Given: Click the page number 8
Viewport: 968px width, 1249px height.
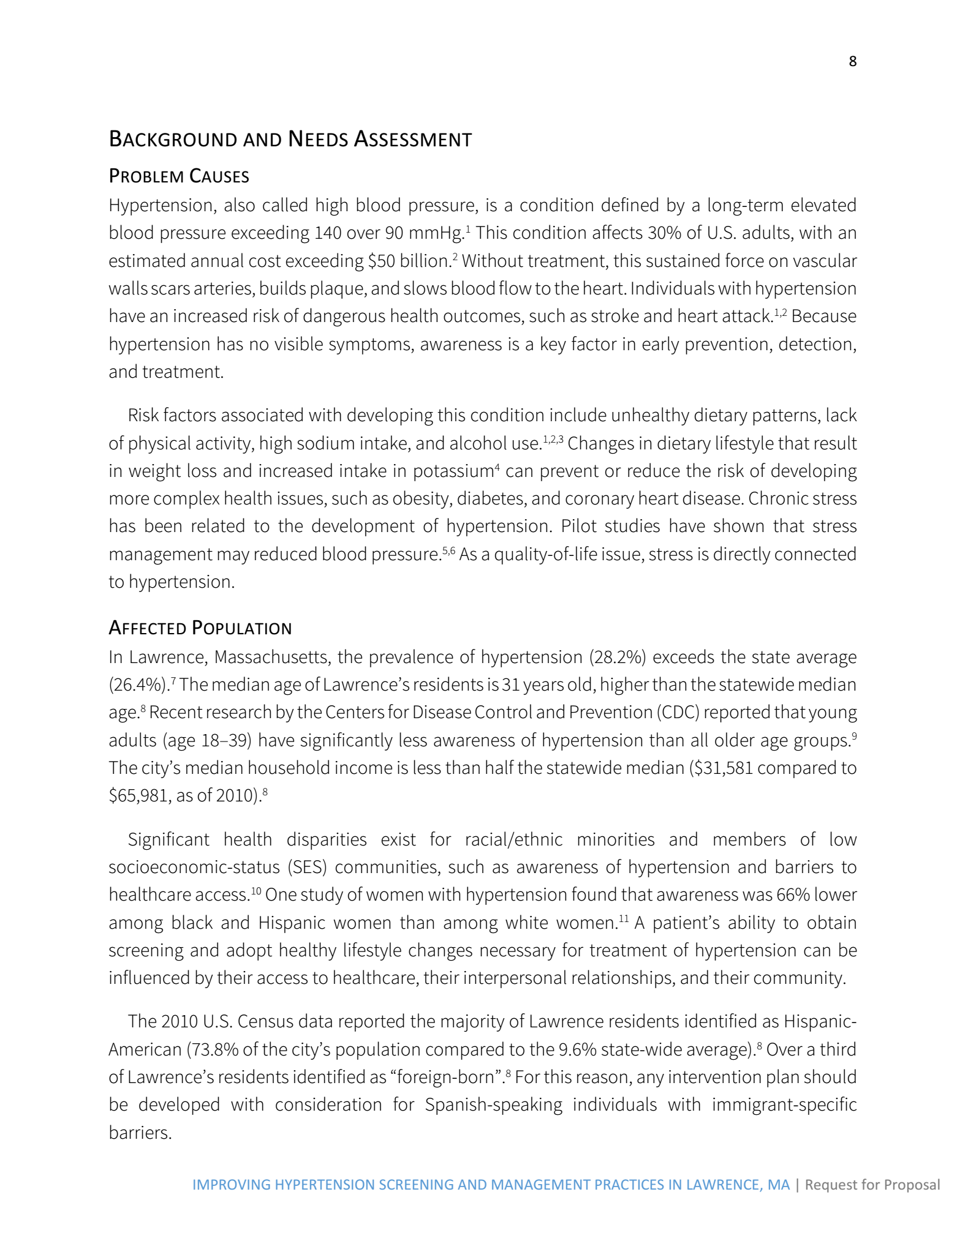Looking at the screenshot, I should [x=852, y=61].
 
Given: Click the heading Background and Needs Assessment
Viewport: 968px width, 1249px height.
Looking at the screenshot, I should [x=290, y=139].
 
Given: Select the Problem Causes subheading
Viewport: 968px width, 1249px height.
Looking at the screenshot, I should [x=179, y=176].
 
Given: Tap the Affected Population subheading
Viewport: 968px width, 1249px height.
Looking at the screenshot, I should [x=200, y=628].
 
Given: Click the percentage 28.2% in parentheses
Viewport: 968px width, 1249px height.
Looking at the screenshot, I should [x=618, y=657].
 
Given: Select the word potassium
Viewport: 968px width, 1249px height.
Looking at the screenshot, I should [x=453, y=471].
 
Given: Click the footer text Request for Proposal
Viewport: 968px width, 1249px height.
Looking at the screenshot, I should [x=872, y=1185].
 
